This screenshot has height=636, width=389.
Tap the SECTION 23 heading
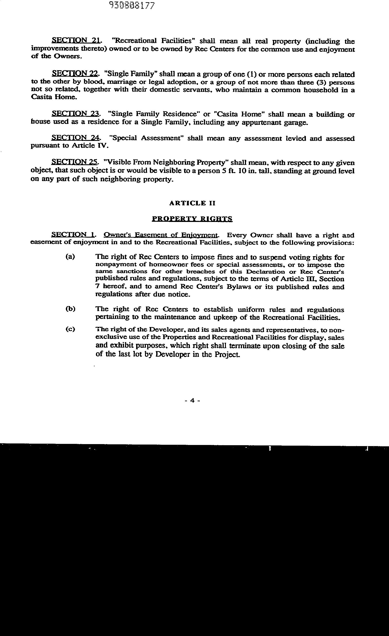click(x=75, y=114)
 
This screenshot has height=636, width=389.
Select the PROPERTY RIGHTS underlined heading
click(x=192, y=219)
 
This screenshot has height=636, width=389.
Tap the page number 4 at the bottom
click(x=192, y=400)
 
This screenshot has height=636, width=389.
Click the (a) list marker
click(x=70, y=257)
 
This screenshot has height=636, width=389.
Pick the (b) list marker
click(x=70, y=309)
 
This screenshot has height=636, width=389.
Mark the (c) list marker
click(x=70, y=329)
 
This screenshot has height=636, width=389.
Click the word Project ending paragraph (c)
click(x=229, y=354)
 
